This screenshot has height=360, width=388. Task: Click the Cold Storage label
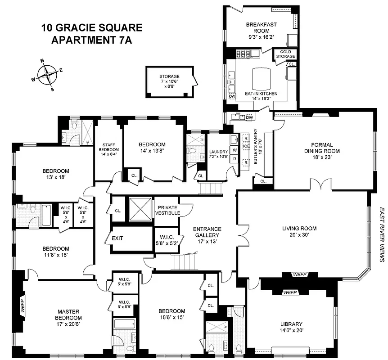click(x=286, y=54)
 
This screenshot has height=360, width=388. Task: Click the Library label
click(x=291, y=324)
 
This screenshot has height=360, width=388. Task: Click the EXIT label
click(x=117, y=238)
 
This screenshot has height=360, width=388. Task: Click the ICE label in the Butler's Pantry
click(x=246, y=146)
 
